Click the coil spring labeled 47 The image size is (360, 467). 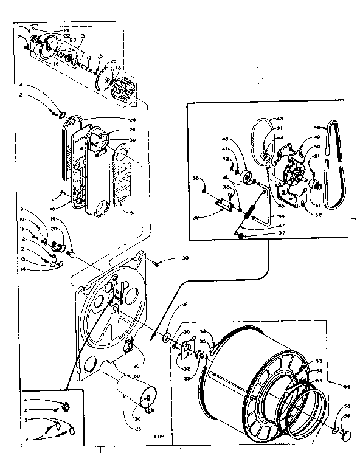(x=249, y=209)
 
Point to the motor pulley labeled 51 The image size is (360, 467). (x=314, y=185)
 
